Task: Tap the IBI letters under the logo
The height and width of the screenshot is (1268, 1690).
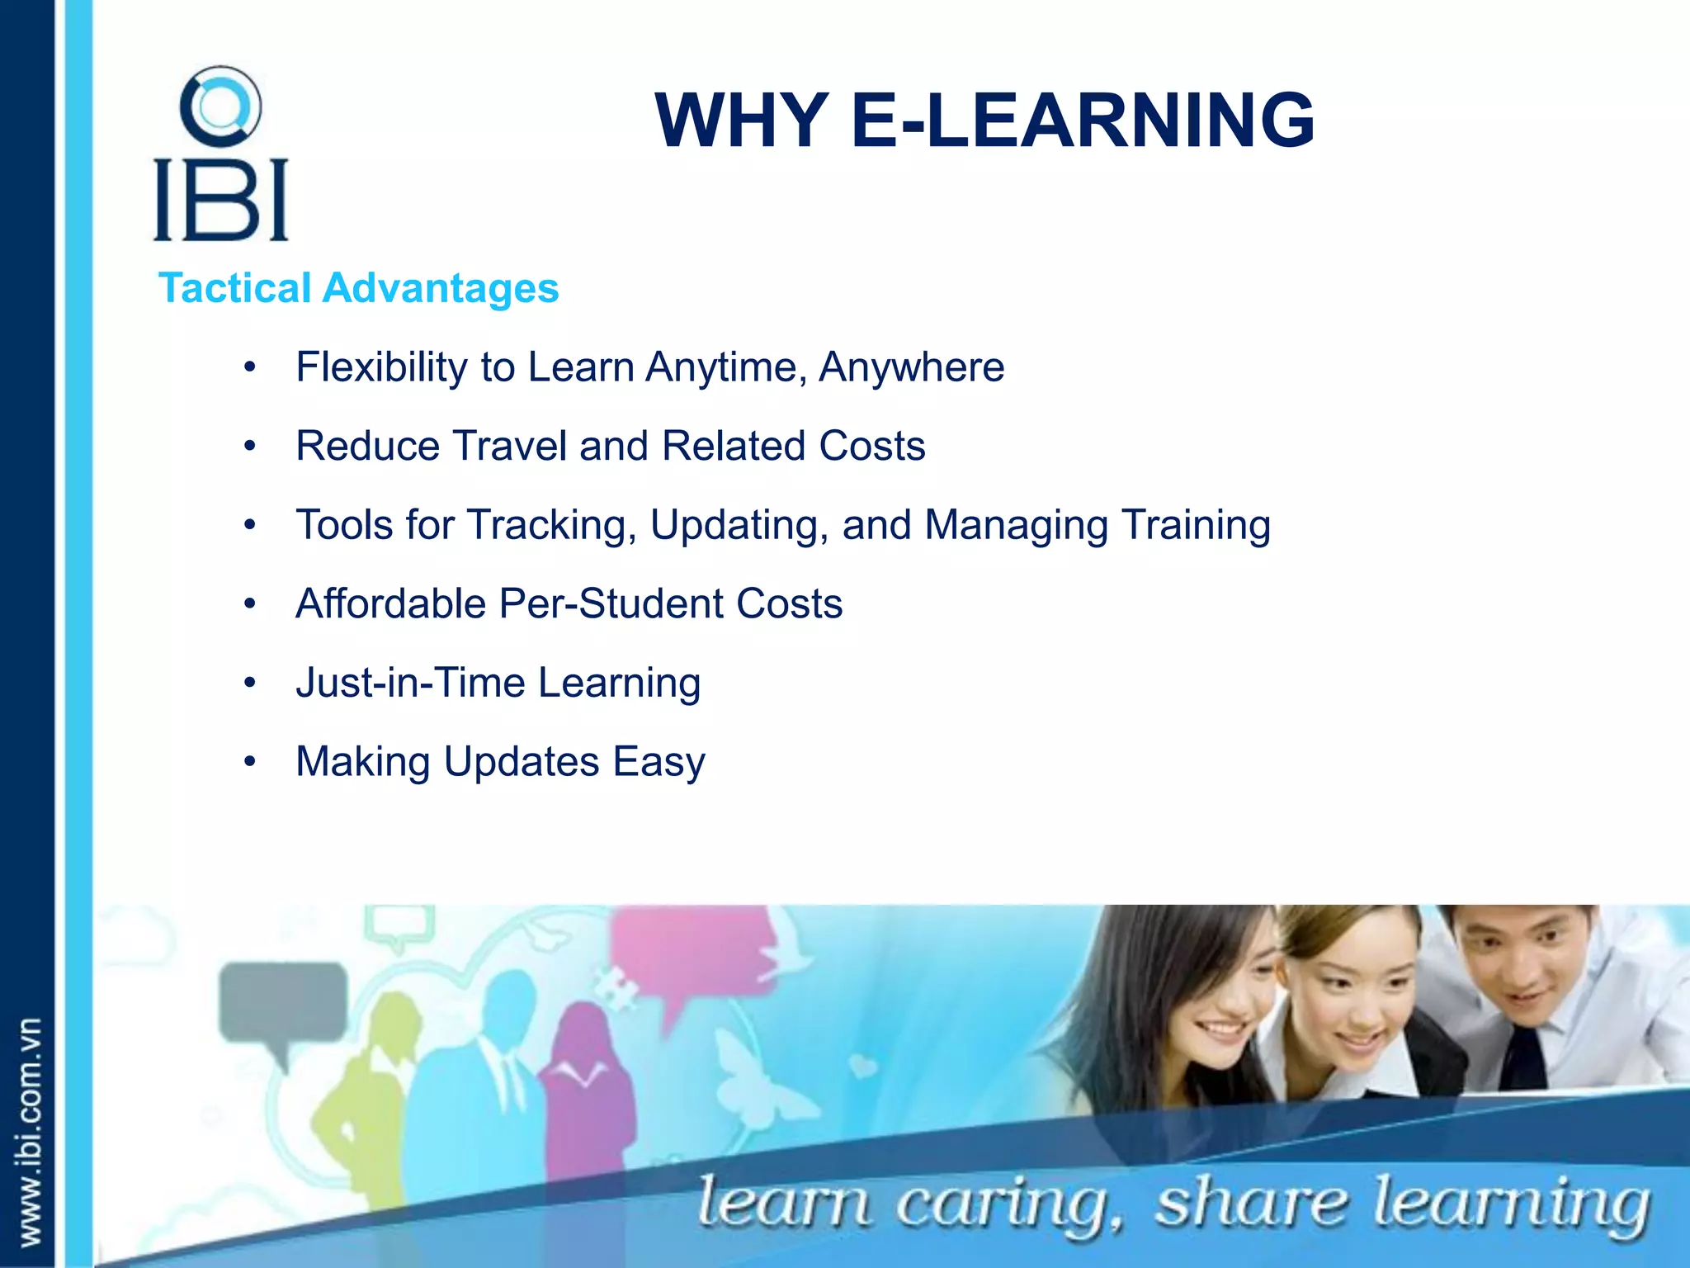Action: coord(220,200)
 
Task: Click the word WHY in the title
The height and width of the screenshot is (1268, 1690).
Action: coord(742,121)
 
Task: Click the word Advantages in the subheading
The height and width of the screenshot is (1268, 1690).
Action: coord(441,288)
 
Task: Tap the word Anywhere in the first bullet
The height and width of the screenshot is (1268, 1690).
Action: coord(911,367)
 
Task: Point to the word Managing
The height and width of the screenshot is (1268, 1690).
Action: coord(1016,526)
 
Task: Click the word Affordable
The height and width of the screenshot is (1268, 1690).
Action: coord(390,603)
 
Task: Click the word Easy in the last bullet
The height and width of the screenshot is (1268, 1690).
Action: coord(659,762)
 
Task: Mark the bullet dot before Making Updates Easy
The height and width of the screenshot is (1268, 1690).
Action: coord(250,760)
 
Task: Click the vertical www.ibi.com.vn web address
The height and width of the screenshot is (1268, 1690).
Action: coord(30,1131)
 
